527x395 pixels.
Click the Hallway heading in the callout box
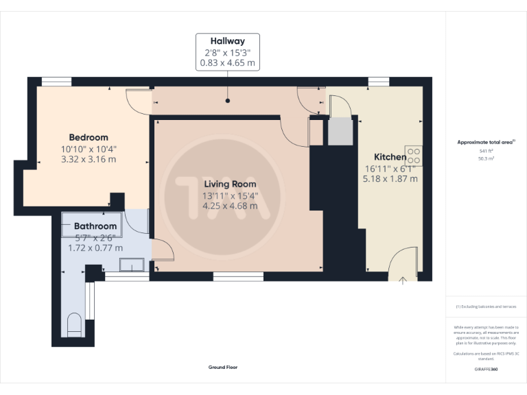[228, 41]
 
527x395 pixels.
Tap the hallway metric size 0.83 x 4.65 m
[228, 63]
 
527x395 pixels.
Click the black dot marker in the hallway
[228, 101]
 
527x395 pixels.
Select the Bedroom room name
[89, 137]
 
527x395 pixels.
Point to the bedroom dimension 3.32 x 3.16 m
[89, 159]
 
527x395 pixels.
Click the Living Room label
[230, 184]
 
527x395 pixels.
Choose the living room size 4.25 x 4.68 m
[230, 205]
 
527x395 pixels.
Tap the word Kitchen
[389, 156]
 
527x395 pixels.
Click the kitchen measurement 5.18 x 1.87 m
[390, 178]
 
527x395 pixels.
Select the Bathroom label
[95, 226]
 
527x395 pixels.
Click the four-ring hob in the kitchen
[414, 156]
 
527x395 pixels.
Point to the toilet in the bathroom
[75, 324]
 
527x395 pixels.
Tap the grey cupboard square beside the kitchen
[339, 132]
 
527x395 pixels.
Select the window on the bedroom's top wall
[56, 82]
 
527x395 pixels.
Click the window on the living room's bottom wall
[238, 276]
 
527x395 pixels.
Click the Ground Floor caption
[223, 368]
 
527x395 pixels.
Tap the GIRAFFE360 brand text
[486, 370]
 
